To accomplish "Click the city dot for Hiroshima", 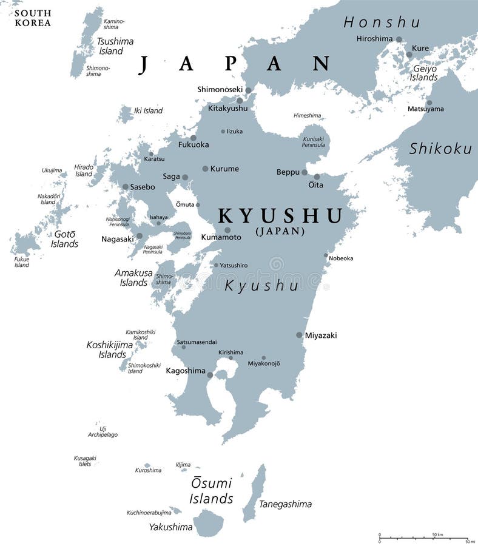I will coord(399,39).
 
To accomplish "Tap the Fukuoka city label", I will coord(194,145).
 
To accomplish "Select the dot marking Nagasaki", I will coord(140,236).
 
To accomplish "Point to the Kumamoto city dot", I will coord(227,230).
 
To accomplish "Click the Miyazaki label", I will coord(321,335).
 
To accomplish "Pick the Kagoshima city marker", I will coord(210,375).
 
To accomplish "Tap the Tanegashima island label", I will coord(285,504).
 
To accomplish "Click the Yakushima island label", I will coord(170,527).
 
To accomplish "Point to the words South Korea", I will coord(33,18).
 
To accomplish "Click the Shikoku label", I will coord(440,148).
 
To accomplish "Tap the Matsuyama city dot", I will coord(429,103).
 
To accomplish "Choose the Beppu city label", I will coord(288,172).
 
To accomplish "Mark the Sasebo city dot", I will coord(125,187).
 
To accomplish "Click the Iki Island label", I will coord(148,110).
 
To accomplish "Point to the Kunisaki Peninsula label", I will coord(313,142).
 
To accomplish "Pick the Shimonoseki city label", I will coord(220,89).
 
